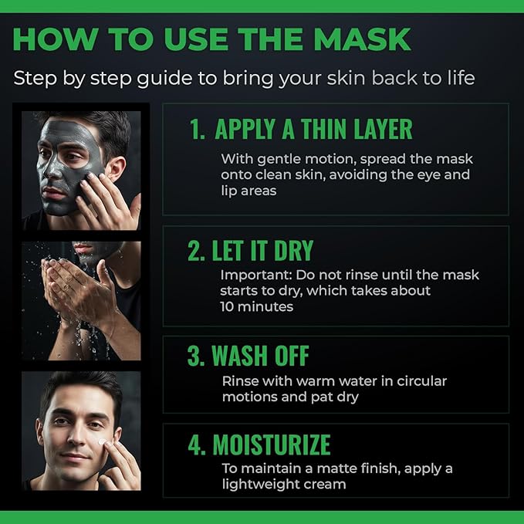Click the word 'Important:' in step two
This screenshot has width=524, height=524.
pos(252,275)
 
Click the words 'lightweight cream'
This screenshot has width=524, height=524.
pos(283,484)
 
